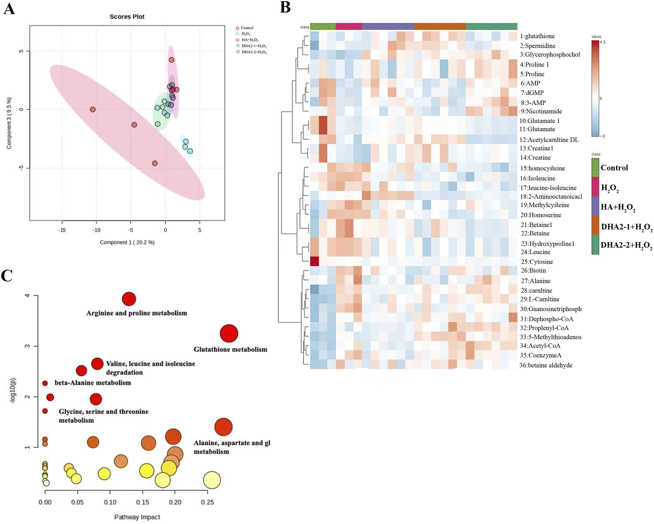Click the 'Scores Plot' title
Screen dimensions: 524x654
(x=127, y=17)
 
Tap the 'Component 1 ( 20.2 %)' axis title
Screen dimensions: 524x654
(x=127, y=242)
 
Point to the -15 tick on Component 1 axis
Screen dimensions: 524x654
(x=62, y=230)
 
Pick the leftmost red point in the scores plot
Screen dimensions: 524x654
(x=93, y=109)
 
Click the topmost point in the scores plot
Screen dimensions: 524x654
(x=172, y=60)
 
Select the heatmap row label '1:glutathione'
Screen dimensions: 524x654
(x=537, y=36)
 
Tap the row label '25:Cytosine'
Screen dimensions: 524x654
(x=537, y=262)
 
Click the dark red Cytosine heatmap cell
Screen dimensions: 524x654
(x=314, y=261)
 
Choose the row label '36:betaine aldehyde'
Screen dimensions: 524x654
(x=546, y=365)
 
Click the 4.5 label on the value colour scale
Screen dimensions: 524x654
(x=603, y=42)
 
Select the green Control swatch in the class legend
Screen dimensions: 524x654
(x=595, y=167)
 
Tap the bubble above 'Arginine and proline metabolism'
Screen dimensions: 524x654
(x=129, y=299)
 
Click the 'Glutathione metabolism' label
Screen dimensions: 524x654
(x=230, y=349)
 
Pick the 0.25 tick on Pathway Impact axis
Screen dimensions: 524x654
(x=208, y=502)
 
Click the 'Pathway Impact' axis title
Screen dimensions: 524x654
(x=137, y=517)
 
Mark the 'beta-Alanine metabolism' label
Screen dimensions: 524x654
(x=93, y=383)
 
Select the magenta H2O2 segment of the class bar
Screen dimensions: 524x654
(x=349, y=26)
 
